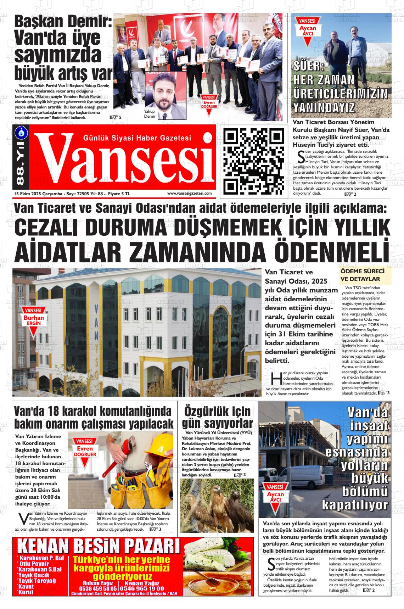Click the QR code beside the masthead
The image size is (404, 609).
[x=254, y=161]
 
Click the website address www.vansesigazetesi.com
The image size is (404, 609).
[x=189, y=193]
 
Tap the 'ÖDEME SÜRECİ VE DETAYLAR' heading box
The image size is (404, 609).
[x=365, y=275]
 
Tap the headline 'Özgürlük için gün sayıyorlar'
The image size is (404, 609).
[x=217, y=418]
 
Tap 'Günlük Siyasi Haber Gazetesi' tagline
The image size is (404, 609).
[x=137, y=138]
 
